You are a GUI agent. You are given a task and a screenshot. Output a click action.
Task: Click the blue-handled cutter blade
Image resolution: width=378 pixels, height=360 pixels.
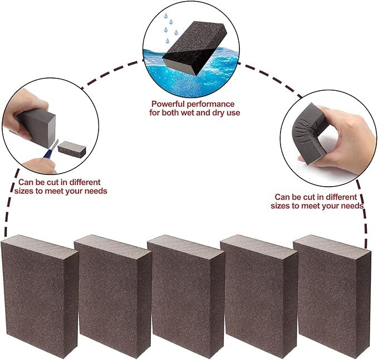coord(52,146)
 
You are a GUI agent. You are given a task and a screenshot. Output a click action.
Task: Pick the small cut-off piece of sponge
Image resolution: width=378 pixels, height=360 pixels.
coord(72,149)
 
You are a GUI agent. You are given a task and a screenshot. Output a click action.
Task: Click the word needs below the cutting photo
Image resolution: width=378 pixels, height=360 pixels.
coord(93,191)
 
